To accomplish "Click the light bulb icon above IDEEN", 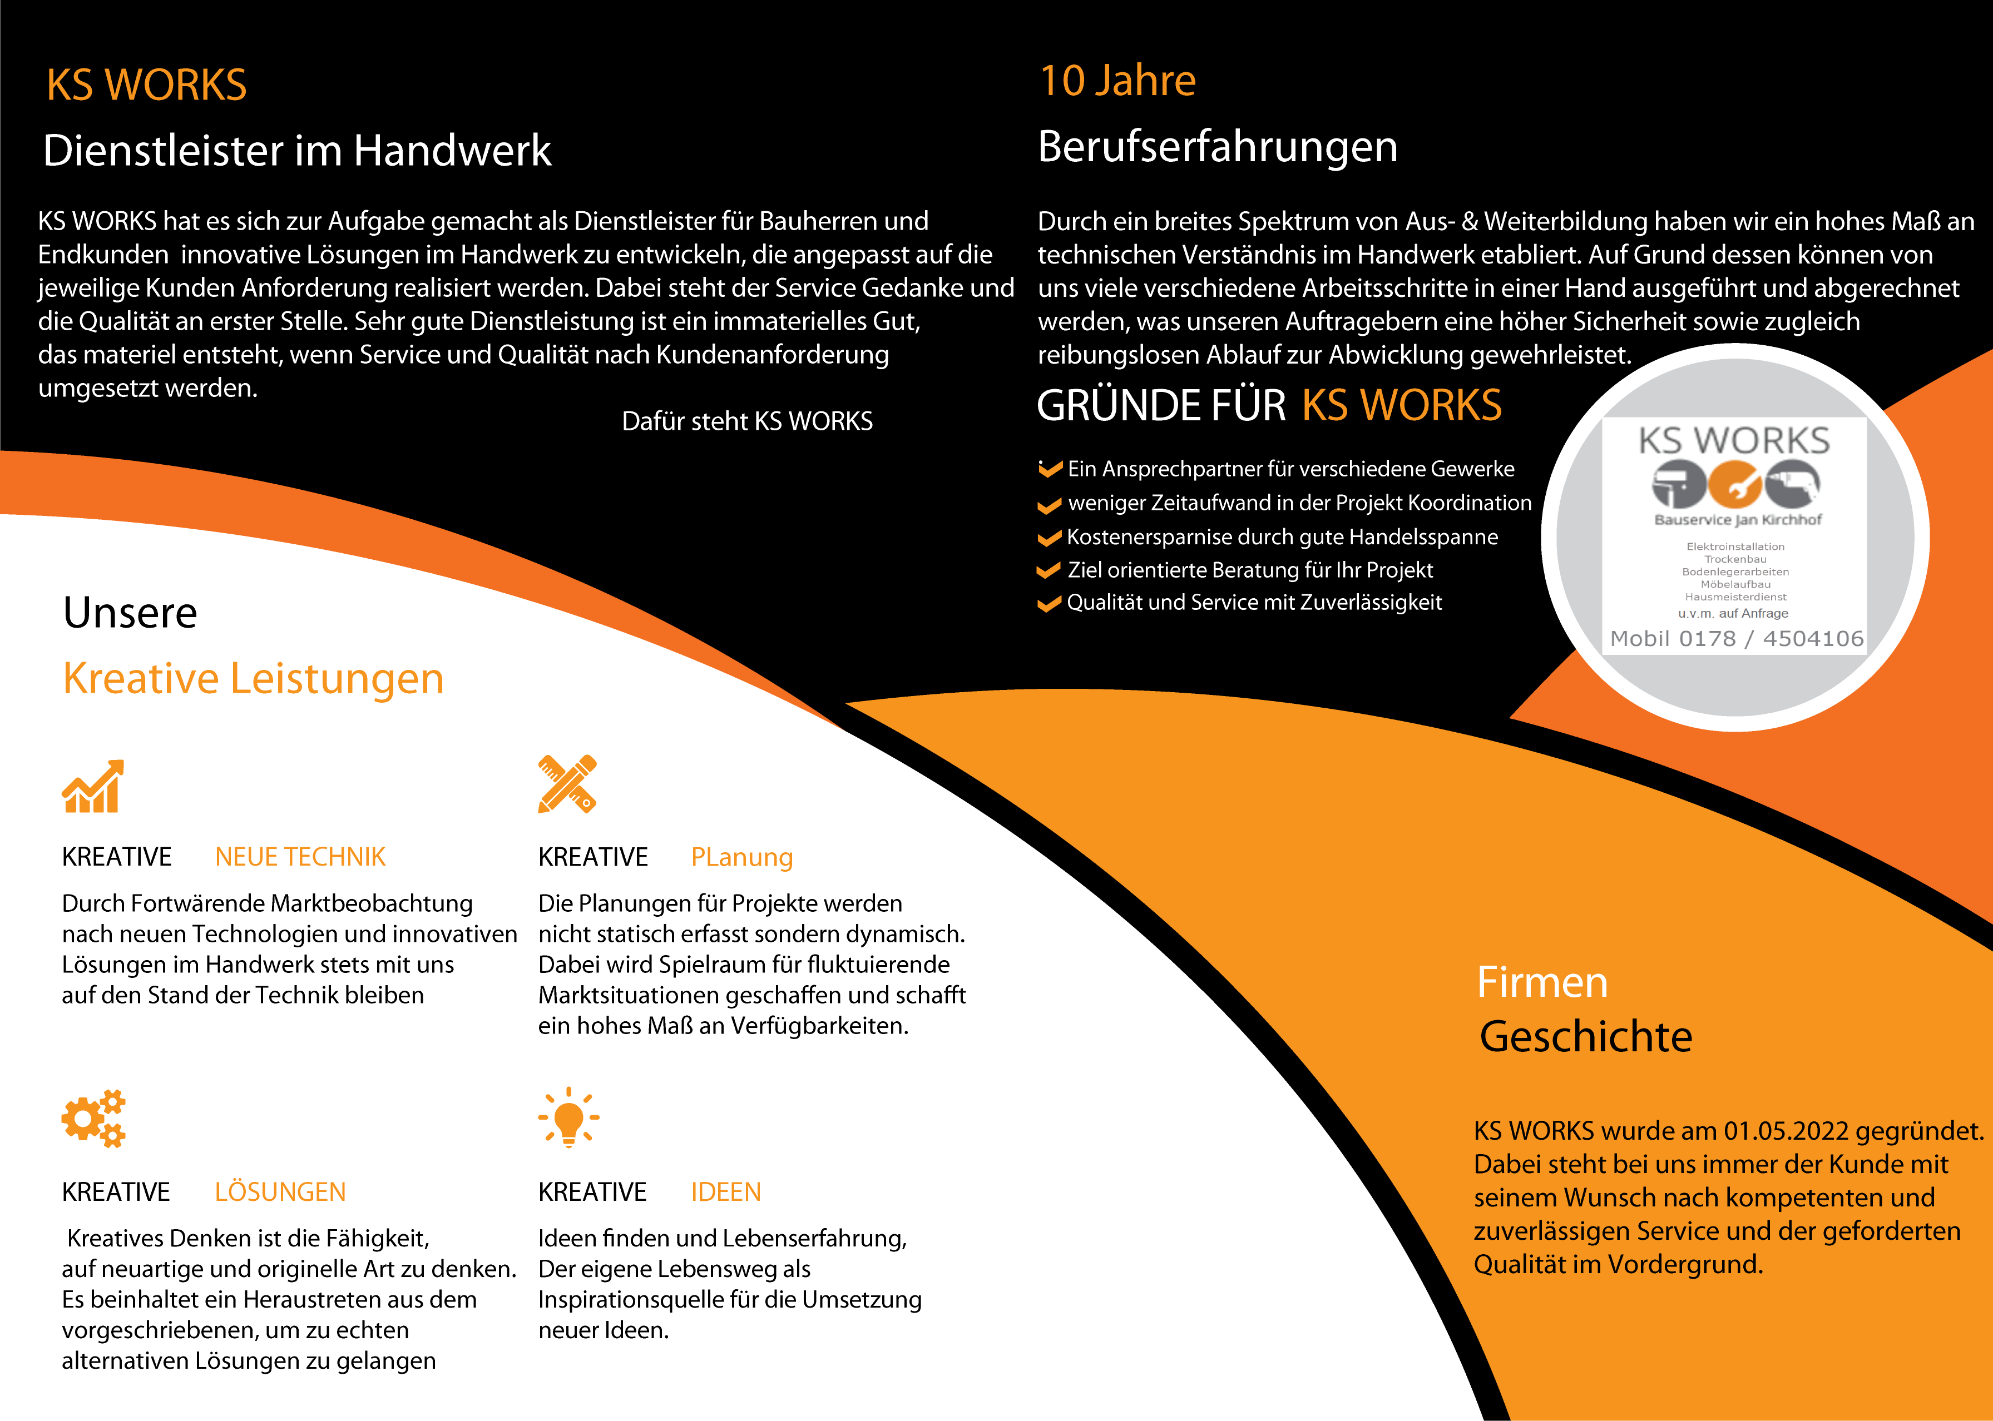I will pyautogui.click(x=569, y=1117).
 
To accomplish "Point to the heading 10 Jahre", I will pyautogui.click(x=1117, y=81).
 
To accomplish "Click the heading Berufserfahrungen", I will pyautogui.click(x=1216, y=147).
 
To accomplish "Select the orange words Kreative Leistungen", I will pyautogui.click(x=253, y=678).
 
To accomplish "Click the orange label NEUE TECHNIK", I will pyautogui.click(x=300, y=857).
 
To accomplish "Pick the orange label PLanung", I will pyautogui.click(x=741, y=857).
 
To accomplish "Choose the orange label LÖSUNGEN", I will pyautogui.click(x=280, y=1192).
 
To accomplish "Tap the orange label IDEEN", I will pyautogui.click(x=725, y=1192).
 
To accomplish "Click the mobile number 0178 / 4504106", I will pyautogui.click(x=1769, y=639).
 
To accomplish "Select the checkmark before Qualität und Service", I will pyautogui.click(x=1049, y=604).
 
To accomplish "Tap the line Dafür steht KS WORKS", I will pyautogui.click(x=746, y=422).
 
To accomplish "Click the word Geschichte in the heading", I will pyautogui.click(x=1585, y=1037).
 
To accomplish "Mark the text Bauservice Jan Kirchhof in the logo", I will pyautogui.click(x=1738, y=520).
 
